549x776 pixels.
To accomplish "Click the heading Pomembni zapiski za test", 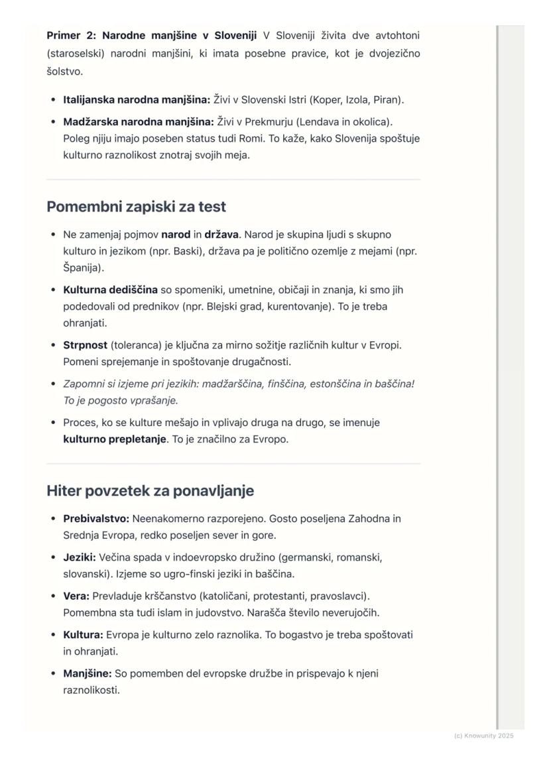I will pyautogui.click(x=136, y=207).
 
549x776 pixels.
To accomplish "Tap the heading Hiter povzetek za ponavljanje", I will pyautogui.click(x=150, y=491).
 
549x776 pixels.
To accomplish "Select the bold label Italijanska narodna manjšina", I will pyautogui.click(x=136, y=100).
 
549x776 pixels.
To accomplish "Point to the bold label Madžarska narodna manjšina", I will pyautogui.click(x=138, y=122).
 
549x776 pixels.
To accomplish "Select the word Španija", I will pyautogui.click(x=82, y=268).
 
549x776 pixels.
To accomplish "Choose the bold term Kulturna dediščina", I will pyautogui.click(x=110, y=290).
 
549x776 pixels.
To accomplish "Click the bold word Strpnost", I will pyautogui.click(x=86, y=345).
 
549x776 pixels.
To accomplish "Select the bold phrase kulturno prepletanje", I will pyautogui.click(x=115, y=439).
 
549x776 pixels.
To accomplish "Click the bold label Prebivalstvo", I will pyautogui.click(x=96, y=518).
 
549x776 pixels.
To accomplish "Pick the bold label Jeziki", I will pyautogui.click(x=80, y=557).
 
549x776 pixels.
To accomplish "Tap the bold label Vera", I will pyautogui.click(x=76, y=596).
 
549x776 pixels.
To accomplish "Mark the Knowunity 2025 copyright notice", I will pyautogui.click(x=483, y=736).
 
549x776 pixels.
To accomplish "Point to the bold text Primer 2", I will pyautogui.click(x=71, y=35).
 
